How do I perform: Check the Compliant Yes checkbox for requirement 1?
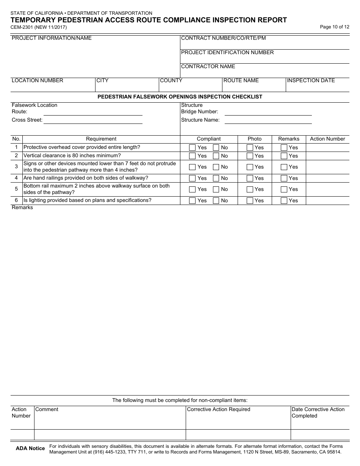pos(192,147)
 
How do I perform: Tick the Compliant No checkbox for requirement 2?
pos(216,156)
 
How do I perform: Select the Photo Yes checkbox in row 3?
pos(250,167)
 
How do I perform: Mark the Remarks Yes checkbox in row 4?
pos(284,178)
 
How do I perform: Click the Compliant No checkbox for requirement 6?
pos(216,200)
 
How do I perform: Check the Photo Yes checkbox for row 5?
pos(250,189)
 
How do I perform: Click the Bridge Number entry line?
pos(268,112)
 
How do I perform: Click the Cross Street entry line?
pos(93,120)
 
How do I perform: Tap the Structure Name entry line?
pos(268,120)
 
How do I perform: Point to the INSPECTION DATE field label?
pos(311,80)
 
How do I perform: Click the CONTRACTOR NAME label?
pos(208,66)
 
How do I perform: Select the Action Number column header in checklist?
pos(327,139)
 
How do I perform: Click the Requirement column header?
pos(101,139)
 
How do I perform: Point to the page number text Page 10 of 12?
pos(335,27)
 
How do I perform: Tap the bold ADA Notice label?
pos(30,449)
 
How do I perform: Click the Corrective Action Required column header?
pos(219,409)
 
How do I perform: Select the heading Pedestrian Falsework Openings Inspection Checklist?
pos(180,97)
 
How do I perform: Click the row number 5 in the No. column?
pos(16,189)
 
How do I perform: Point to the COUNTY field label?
pos(171,80)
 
